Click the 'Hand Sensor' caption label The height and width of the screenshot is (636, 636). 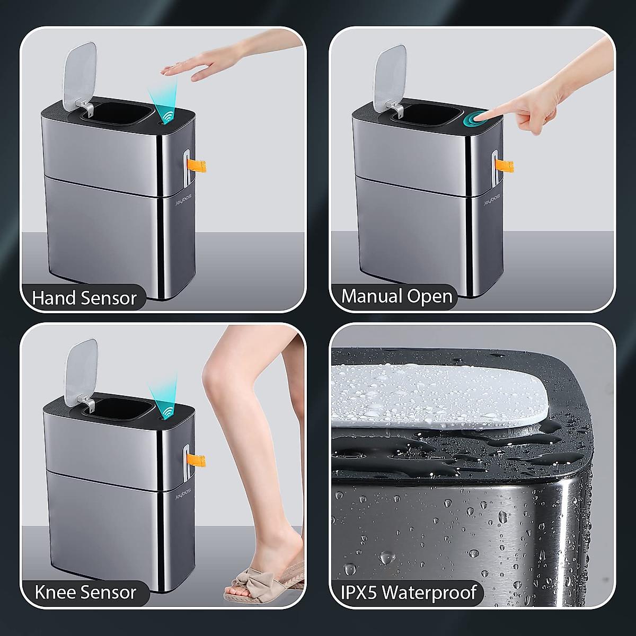point(84,298)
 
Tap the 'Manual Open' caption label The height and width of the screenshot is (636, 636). point(397,296)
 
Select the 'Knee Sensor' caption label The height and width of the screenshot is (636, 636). point(85,592)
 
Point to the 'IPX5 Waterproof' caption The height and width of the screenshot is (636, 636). point(408,592)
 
